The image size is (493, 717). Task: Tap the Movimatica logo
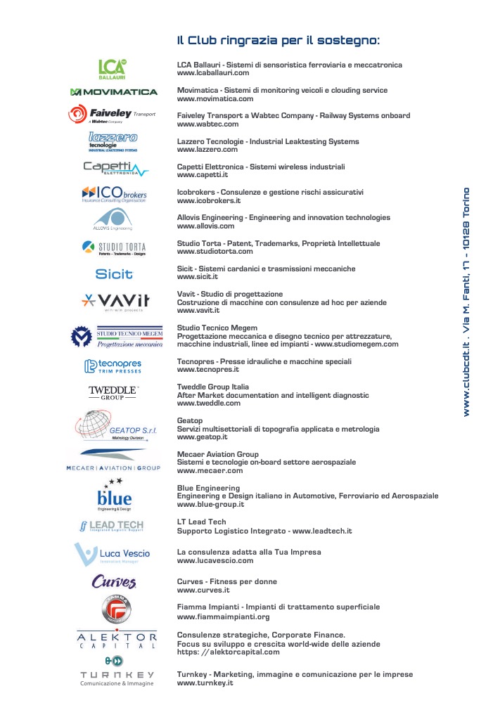click(114, 92)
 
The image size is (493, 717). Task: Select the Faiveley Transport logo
click(112, 115)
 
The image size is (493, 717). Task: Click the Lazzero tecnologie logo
click(113, 141)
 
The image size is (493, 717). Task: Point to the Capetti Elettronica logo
click(115, 168)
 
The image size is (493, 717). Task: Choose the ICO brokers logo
click(113, 193)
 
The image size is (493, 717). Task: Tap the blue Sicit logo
click(114, 273)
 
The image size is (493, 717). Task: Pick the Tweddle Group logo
click(113, 392)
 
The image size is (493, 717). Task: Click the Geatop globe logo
click(113, 425)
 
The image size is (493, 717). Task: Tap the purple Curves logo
click(113, 582)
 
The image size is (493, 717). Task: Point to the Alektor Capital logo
click(117, 639)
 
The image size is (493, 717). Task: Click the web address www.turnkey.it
click(205, 683)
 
